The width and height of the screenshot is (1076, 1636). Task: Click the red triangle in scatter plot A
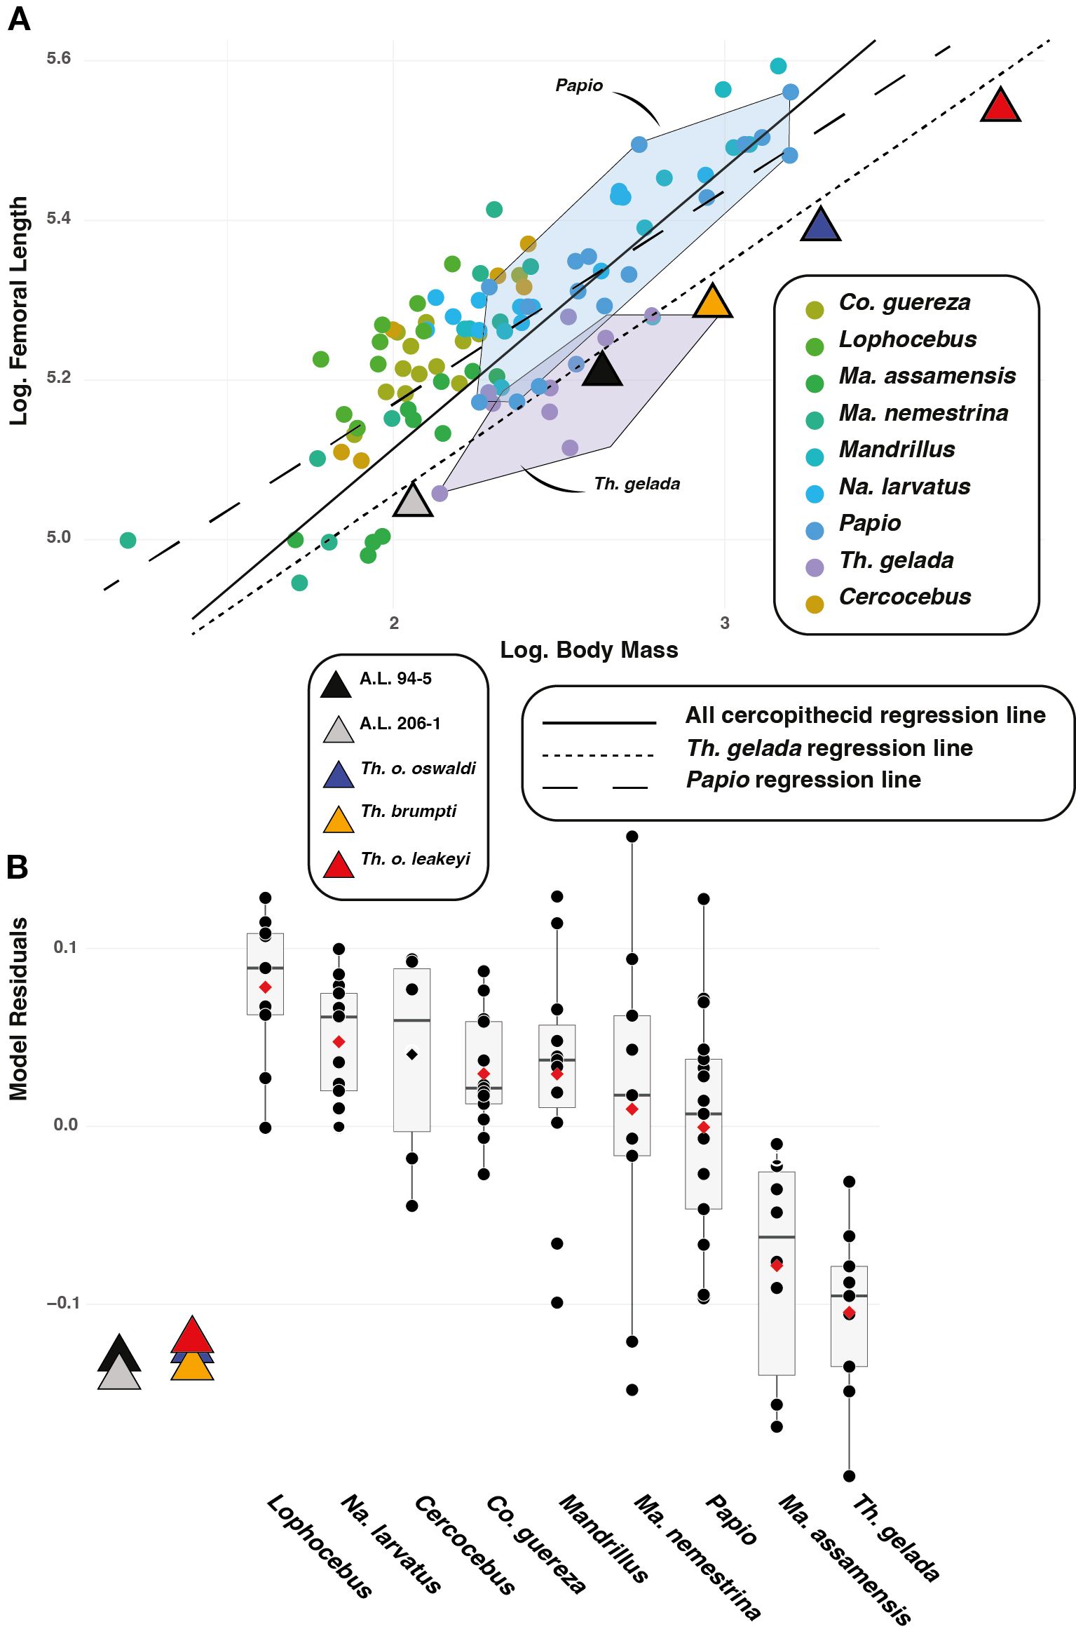(x=1000, y=107)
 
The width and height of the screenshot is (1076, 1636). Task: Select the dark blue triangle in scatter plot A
(x=820, y=227)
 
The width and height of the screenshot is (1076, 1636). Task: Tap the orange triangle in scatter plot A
(x=712, y=303)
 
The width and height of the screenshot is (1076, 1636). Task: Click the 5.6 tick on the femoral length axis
(x=59, y=58)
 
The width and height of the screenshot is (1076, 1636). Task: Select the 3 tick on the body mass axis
(x=725, y=623)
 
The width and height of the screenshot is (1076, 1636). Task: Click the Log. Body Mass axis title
(x=589, y=650)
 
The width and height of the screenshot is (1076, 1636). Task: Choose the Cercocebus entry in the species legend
(x=905, y=597)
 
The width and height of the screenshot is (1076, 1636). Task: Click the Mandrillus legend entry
(x=897, y=449)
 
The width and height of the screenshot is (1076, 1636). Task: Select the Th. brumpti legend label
(x=408, y=811)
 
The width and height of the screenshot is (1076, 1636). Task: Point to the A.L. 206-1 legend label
(x=400, y=724)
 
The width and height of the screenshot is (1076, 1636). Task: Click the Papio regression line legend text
(x=803, y=780)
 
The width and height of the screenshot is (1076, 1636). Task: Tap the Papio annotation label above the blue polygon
(x=579, y=86)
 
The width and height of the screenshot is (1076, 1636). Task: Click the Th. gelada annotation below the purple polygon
(x=636, y=484)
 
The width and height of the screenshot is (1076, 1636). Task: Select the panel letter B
(x=18, y=867)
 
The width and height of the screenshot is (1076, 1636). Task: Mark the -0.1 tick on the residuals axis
(x=62, y=1303)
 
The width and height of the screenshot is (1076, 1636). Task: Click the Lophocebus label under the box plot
(x=320, y=1546)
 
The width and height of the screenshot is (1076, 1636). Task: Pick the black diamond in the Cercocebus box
(x=412, y=1055)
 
